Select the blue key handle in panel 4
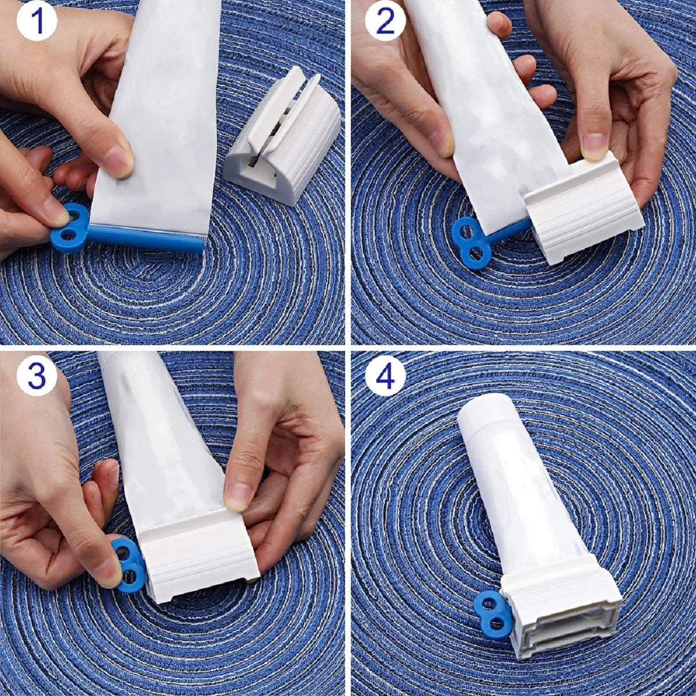tap(492, 613)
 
